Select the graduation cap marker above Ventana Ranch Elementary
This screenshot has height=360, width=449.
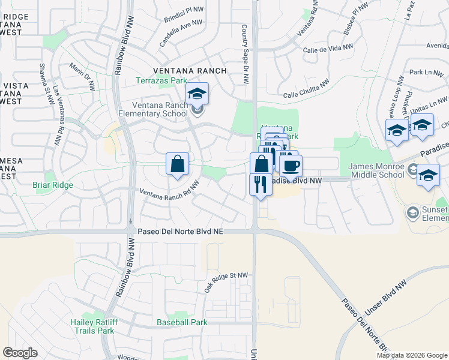point(196,94)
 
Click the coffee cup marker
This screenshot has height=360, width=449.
point(291,165)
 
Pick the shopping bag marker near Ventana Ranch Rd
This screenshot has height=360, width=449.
point(178,164)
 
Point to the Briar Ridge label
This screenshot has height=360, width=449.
point(53,185)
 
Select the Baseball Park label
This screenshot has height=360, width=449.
point(182,322)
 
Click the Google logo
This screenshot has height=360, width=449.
point(20,353)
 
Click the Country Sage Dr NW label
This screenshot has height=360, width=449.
point(244,53)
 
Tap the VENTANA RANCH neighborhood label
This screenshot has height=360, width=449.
point(190,71)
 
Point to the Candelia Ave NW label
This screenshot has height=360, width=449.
point(181,34)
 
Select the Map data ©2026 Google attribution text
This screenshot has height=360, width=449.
point(412,355)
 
